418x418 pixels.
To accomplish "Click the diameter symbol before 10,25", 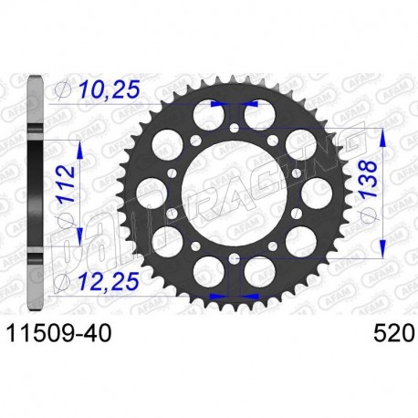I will [62, 91].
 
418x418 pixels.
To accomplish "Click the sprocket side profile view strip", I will [36, 192].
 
